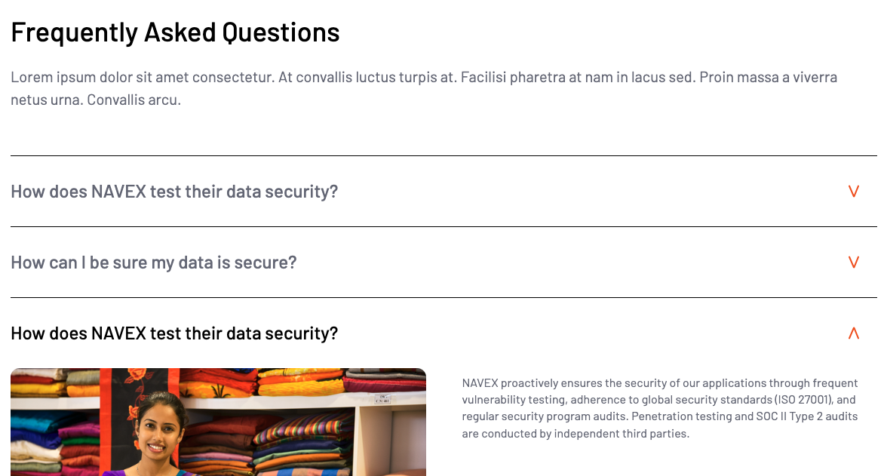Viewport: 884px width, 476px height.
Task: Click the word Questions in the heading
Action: (x=281, y=32)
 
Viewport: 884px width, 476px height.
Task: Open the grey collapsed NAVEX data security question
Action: (x=174, y=192)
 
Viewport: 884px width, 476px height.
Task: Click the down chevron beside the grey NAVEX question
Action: (x=854, y=192)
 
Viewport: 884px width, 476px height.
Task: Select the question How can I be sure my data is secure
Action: (x=153, y=263)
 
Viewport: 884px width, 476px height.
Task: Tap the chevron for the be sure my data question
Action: (x=854, y=263)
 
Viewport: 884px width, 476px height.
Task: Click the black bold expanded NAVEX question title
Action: (x=174, y=333)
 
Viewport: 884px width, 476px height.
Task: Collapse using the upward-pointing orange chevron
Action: (x=854, y=333)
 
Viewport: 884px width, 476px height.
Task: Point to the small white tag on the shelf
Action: (x=383, y=399)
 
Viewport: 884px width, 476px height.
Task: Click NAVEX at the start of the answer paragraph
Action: (x=480, y=383)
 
